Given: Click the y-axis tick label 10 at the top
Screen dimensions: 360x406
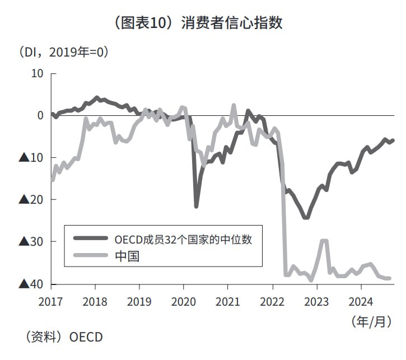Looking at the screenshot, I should (37, 73).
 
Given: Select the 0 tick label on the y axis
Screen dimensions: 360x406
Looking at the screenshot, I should (40, 115).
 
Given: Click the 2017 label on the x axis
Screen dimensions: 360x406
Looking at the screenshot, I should (50, 301).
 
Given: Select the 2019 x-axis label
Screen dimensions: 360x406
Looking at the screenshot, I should (139, 301).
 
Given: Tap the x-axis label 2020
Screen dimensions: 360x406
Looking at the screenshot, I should (183, 301).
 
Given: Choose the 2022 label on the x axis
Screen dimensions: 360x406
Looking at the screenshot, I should (272, 301).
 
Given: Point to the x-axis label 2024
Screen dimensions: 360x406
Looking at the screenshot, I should (361, 301).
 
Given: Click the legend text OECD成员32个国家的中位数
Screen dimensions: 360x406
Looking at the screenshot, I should (183, 239).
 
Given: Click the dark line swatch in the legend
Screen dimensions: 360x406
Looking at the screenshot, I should (90, 239).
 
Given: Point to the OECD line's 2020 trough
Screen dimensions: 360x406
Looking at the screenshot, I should (196, 206).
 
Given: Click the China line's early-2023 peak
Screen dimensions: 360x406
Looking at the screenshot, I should (323, 241).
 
